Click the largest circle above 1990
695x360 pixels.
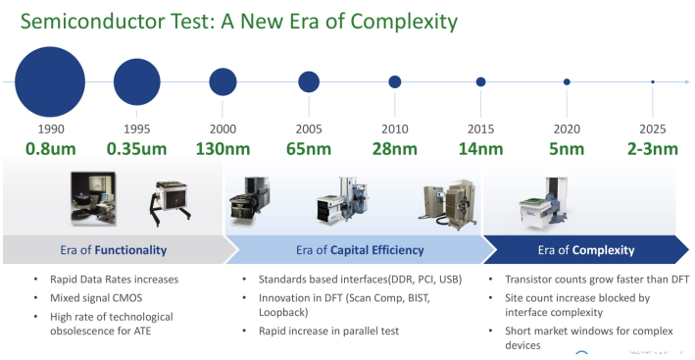click(x=50, y=82)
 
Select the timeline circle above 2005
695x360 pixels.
click(x=309, y=82)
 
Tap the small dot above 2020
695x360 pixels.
click(x=567, y=82)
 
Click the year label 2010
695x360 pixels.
click(x=395, y=129)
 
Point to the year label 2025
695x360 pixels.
click(x=653, y=129)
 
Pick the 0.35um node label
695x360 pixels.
click(x=137, y=149)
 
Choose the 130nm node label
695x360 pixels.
click(x=223, y=149)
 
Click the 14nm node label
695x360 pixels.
click(x=481, y=149)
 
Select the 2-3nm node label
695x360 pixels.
click(x=653, y=149)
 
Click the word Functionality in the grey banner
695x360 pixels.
click(x=130, y=250)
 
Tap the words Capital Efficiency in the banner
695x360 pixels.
click(x=377, y=250)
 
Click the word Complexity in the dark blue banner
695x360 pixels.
click(x=604, y=250)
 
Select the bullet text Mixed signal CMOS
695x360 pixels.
click(x=96, y=298)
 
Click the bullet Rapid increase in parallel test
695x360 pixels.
click(x=329, y=332)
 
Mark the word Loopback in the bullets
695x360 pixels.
click(x=283, y=313)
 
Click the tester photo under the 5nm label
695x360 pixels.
click(x=545, y=203)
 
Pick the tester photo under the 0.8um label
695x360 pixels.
click(x=93, y=199)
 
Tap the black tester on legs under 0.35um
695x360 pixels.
click(x=171, y=204)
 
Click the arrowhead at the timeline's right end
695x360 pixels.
click(x=687, y=82)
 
